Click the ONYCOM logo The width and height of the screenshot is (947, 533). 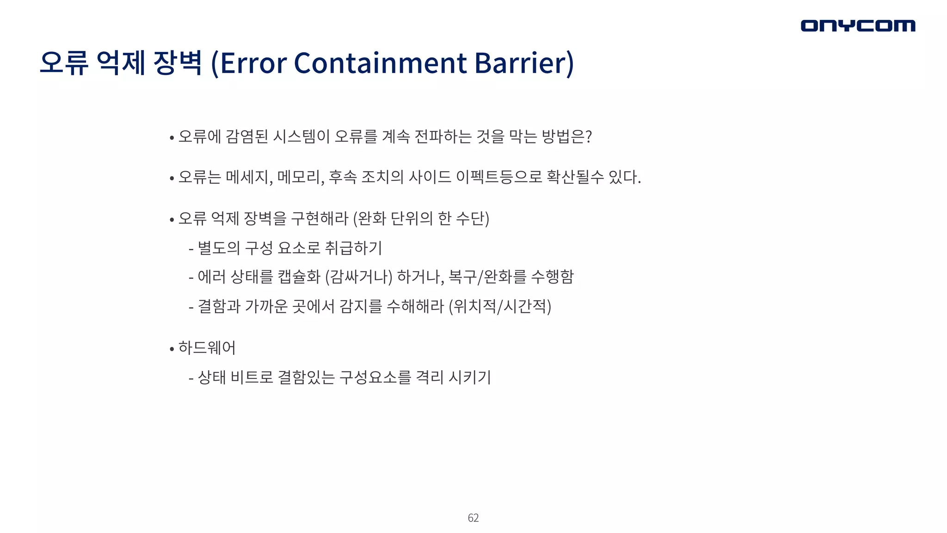pos(858,25)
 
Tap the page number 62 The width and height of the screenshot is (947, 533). pos(473,518)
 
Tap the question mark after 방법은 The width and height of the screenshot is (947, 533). pos(589,136)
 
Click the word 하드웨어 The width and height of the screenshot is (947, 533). pos(207,347)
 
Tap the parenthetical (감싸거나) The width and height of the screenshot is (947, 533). pos(359,277)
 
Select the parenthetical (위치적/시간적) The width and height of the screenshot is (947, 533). pos(500,306)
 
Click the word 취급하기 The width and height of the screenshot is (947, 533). pos(354,248)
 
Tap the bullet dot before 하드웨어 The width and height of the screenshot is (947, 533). pos(172,349)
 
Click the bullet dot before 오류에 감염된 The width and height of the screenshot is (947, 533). pos(172,138)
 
